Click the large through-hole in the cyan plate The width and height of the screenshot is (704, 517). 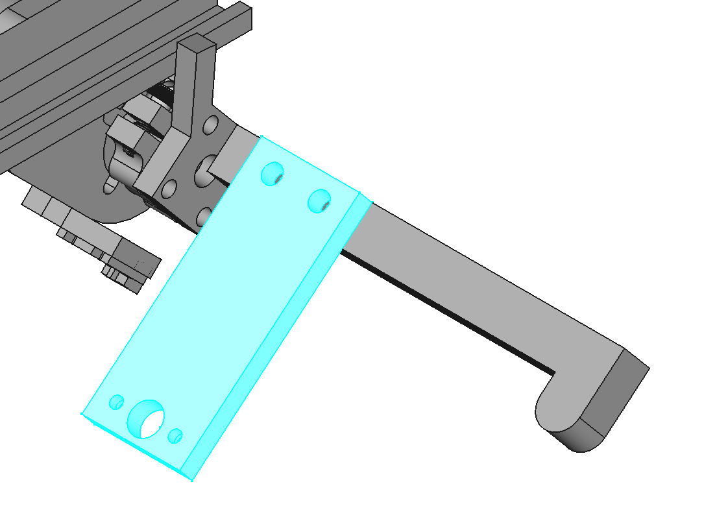pos(149,418)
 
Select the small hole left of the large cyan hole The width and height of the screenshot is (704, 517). pos(117,402)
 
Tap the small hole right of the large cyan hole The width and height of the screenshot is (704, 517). pos(175,435)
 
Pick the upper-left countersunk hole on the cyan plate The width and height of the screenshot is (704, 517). pos(272,174)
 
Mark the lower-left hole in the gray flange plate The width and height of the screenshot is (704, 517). pos(169,189)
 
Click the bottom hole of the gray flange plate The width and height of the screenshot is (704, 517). pos(205,215)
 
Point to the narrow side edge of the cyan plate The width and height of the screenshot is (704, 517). pos(279,337)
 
